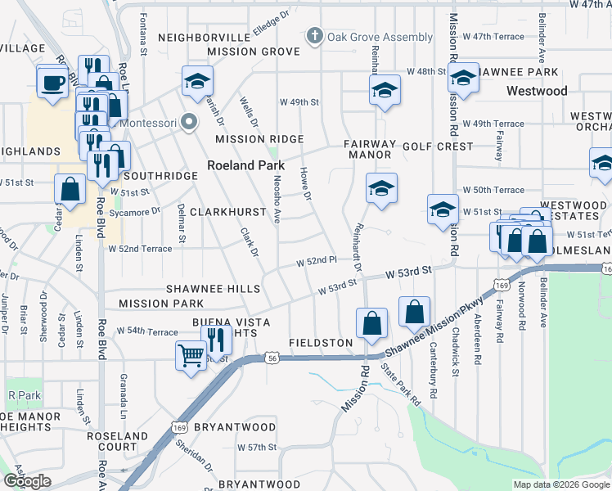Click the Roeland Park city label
(245, 164)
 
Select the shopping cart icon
(191, 356)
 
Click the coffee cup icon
(53, 83)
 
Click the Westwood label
(537, 91)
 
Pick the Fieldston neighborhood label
(321, 342)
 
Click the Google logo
(27, 481)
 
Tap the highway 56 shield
(270, 358)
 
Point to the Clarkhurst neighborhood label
(228, 212)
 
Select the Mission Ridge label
(259, 140)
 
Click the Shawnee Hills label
(214, 289)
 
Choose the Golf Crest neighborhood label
(438, 146)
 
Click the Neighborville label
(204, 38)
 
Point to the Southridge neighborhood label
(161, 176)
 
